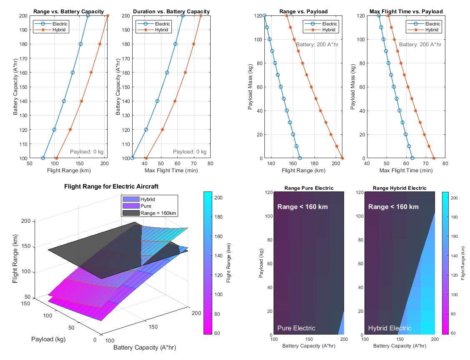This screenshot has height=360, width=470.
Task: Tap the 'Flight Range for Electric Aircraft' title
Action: [111, 186]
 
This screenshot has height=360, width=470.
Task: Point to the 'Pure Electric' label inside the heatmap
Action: [296, 328]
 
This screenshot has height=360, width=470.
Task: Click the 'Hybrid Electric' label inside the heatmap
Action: [390, 328]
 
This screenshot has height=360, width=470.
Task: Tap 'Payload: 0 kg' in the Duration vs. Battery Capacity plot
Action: [189, 152]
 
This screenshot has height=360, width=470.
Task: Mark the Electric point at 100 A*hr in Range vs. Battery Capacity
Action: [43, 158]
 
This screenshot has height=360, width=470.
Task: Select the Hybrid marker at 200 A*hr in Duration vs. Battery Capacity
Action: [201, 16]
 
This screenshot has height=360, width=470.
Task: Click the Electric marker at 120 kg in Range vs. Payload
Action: [264, 16]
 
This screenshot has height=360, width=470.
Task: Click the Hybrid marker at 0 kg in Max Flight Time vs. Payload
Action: [434, 158]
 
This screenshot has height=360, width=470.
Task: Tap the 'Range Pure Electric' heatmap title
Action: [309, 188]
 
